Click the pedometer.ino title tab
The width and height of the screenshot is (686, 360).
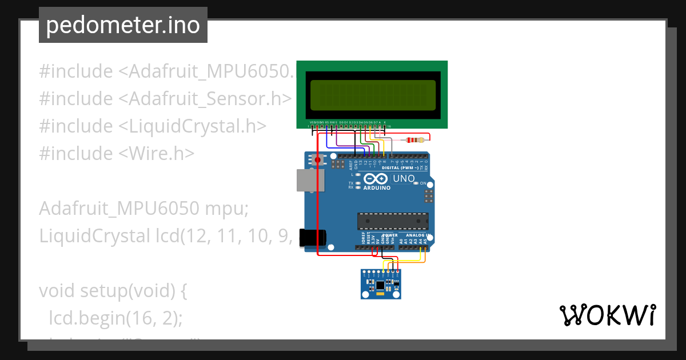pos(123,25)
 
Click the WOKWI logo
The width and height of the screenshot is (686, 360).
pos(607,315)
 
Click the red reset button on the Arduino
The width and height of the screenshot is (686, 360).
pos(317,160)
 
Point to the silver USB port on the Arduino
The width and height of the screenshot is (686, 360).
pos(309,180)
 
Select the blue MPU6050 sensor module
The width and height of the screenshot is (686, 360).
pos(381,284)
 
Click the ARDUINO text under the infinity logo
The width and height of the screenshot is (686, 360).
pos(377,187)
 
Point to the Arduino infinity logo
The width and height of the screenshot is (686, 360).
pos(377,179)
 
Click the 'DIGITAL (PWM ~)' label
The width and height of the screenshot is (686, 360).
pos(400,168)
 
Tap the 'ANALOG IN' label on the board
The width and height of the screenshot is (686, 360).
pos(418,235)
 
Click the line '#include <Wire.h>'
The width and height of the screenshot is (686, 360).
pos(117,153)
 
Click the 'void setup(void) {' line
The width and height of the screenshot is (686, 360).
pos(113,290)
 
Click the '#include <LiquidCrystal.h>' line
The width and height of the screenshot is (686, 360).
pos(153,126)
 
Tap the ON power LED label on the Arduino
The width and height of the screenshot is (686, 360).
pos(424,183)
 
